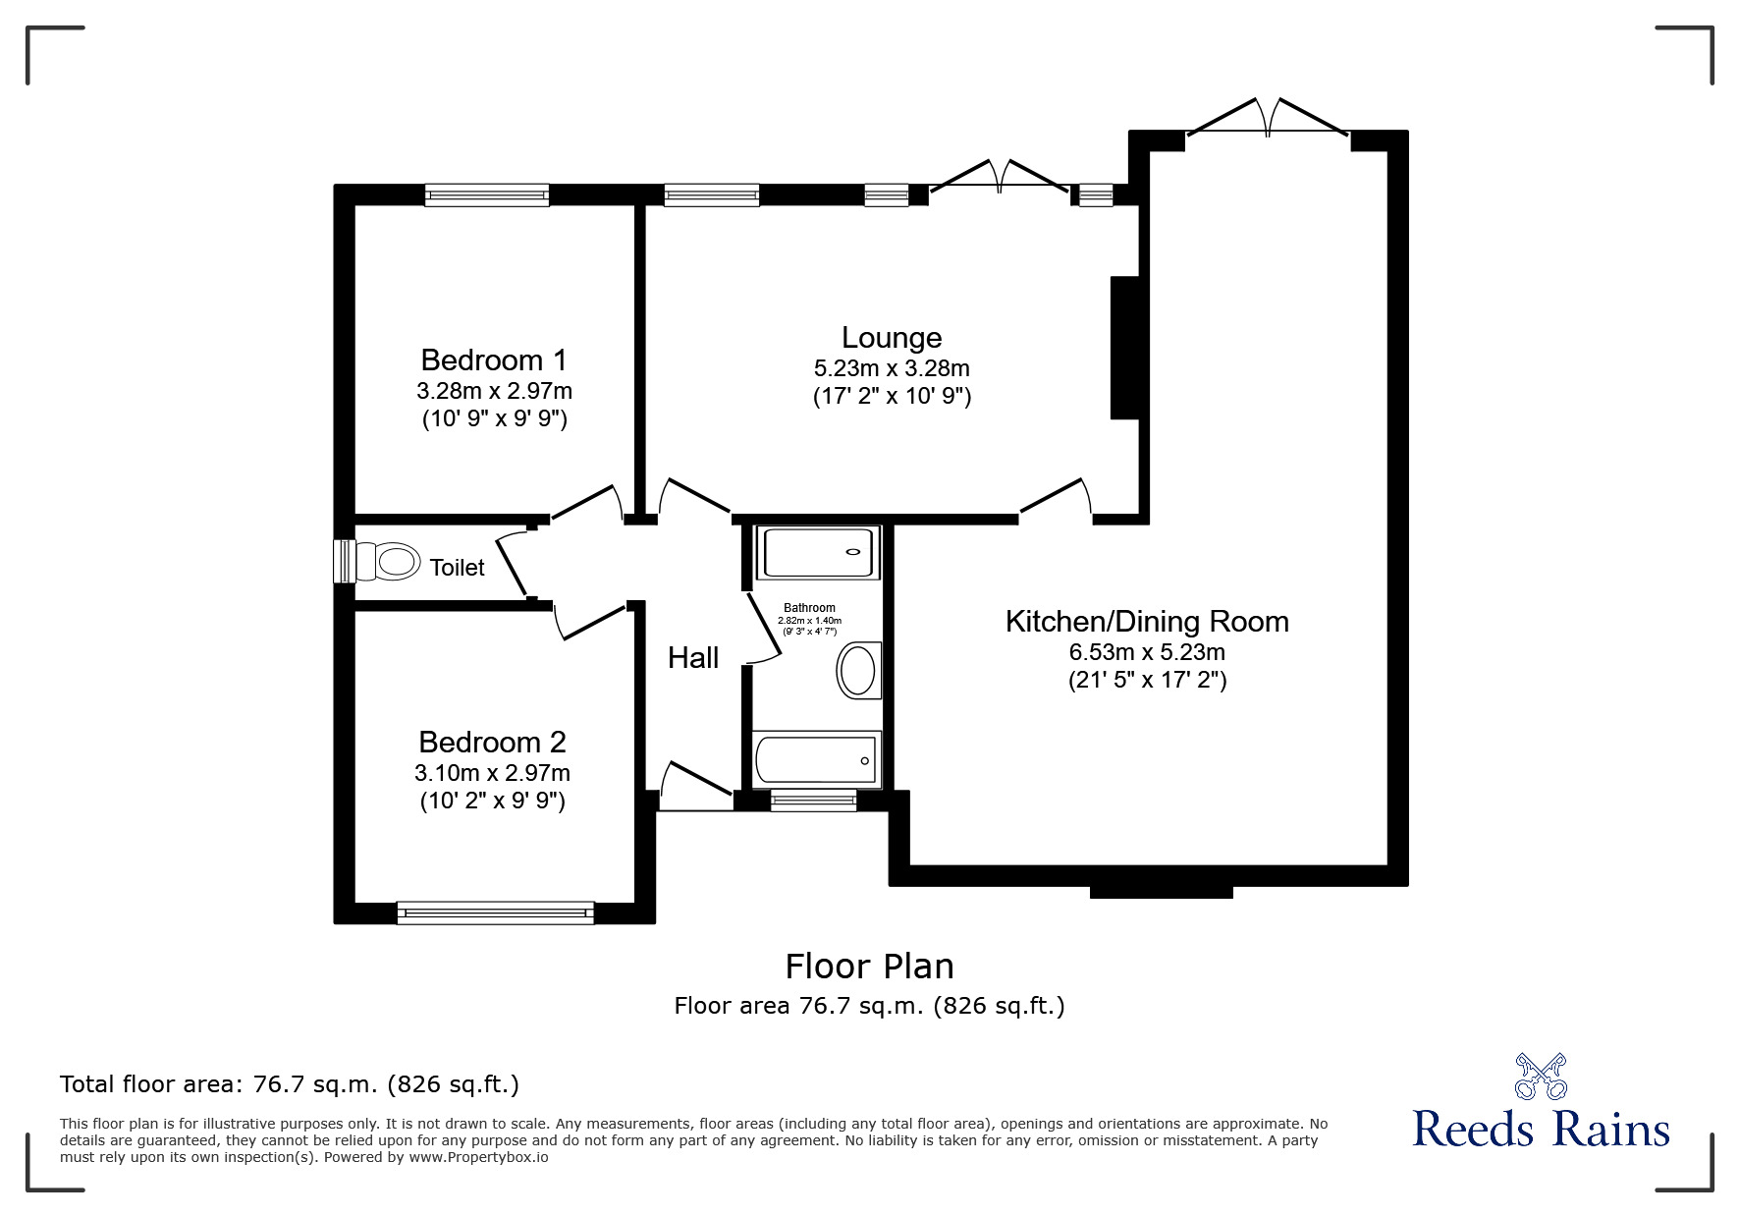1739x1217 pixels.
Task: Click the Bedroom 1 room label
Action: point(494,360)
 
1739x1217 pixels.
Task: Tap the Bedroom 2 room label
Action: point(492,742)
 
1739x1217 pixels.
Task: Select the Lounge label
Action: point(892,338)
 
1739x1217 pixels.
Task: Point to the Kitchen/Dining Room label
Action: point(1147,622)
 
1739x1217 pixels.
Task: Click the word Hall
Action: point(693,658)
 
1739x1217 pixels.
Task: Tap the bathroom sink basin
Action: point(859,671)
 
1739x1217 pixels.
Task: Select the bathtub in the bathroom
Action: point(816,759)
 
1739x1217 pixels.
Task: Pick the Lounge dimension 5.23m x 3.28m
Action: point(892,368)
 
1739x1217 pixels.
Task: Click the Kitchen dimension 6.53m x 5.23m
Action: point(1147,651)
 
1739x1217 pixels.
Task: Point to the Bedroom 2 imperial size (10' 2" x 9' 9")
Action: point(493,801)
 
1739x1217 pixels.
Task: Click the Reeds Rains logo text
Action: point(1542,1129)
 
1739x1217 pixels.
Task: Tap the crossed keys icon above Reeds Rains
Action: point(1542,1076)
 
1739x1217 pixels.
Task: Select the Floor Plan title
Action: point(869,967)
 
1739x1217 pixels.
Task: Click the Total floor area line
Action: point(290,1084)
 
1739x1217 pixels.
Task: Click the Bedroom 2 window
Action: point(496,913)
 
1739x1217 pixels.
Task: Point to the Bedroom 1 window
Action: point(487,194)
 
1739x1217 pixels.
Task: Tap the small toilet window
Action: point(344,562)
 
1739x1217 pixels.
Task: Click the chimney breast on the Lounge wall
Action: point(1125,348)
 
